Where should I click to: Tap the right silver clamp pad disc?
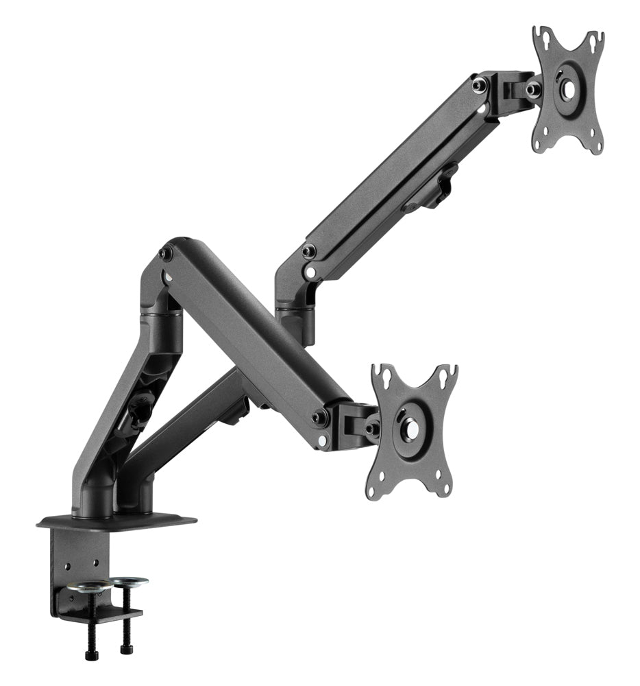pos(130,582)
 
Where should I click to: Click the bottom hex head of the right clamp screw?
pos(125,649)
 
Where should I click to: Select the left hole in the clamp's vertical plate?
pos(69,567)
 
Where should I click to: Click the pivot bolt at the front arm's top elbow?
pos(165,254)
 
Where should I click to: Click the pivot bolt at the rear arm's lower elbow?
pos(308,252)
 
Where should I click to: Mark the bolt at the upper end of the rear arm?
pos(479,84)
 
